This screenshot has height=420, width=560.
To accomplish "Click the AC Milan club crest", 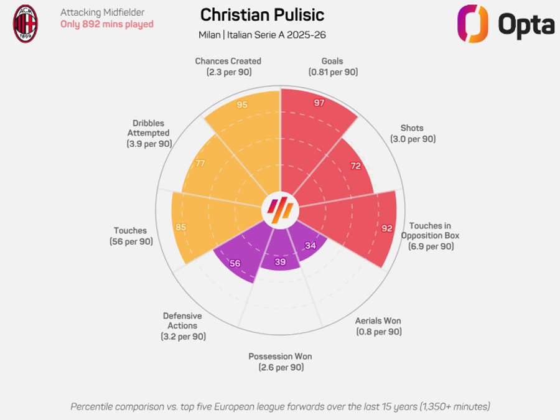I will tap(26, 24).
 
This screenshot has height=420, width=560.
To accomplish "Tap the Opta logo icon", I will tap(473, 24).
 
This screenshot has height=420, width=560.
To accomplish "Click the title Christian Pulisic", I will tap(262, 15).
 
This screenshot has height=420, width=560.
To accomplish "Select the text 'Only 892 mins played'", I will tap(106, 24).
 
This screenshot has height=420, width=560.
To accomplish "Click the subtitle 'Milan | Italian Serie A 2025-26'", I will tap(262, 34).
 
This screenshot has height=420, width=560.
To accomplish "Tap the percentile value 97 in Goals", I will tap(319, 103).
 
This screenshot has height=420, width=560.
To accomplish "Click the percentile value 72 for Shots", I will tap(355, 166).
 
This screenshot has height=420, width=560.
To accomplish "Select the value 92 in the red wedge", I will tap(387, 228).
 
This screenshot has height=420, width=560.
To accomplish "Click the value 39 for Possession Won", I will tap(280, 262).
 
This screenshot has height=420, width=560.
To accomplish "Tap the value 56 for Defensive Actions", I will tap(235, 263).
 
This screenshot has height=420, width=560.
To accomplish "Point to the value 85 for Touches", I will tap(180, 227).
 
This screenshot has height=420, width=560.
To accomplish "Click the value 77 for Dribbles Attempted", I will tap(200, 164).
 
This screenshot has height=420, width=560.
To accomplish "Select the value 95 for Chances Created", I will tap(242, 105).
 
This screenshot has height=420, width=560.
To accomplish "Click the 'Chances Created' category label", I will tap(228, 61).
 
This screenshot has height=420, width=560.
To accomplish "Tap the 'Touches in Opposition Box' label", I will tap(430, 236).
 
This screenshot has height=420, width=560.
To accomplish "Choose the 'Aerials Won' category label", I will tap(378, 321).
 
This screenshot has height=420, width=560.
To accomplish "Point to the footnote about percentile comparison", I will tap(280, 406).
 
